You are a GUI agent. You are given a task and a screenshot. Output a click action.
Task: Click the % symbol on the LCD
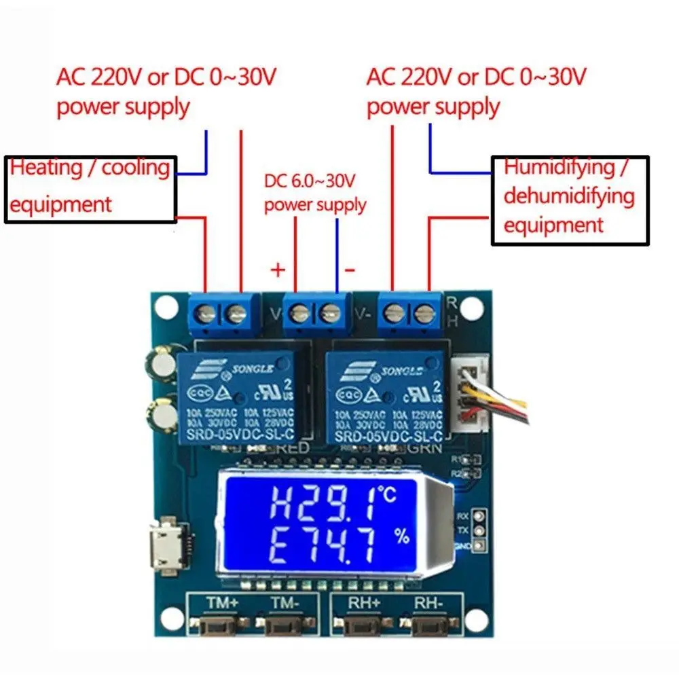point(402,537)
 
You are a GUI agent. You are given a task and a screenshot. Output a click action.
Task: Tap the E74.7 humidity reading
point(319,547)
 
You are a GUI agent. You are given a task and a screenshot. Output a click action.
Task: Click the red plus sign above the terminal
point(278,270)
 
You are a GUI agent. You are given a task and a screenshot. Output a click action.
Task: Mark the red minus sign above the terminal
point(350,270)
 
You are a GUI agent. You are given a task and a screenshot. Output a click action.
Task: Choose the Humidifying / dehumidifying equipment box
point(570,200)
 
